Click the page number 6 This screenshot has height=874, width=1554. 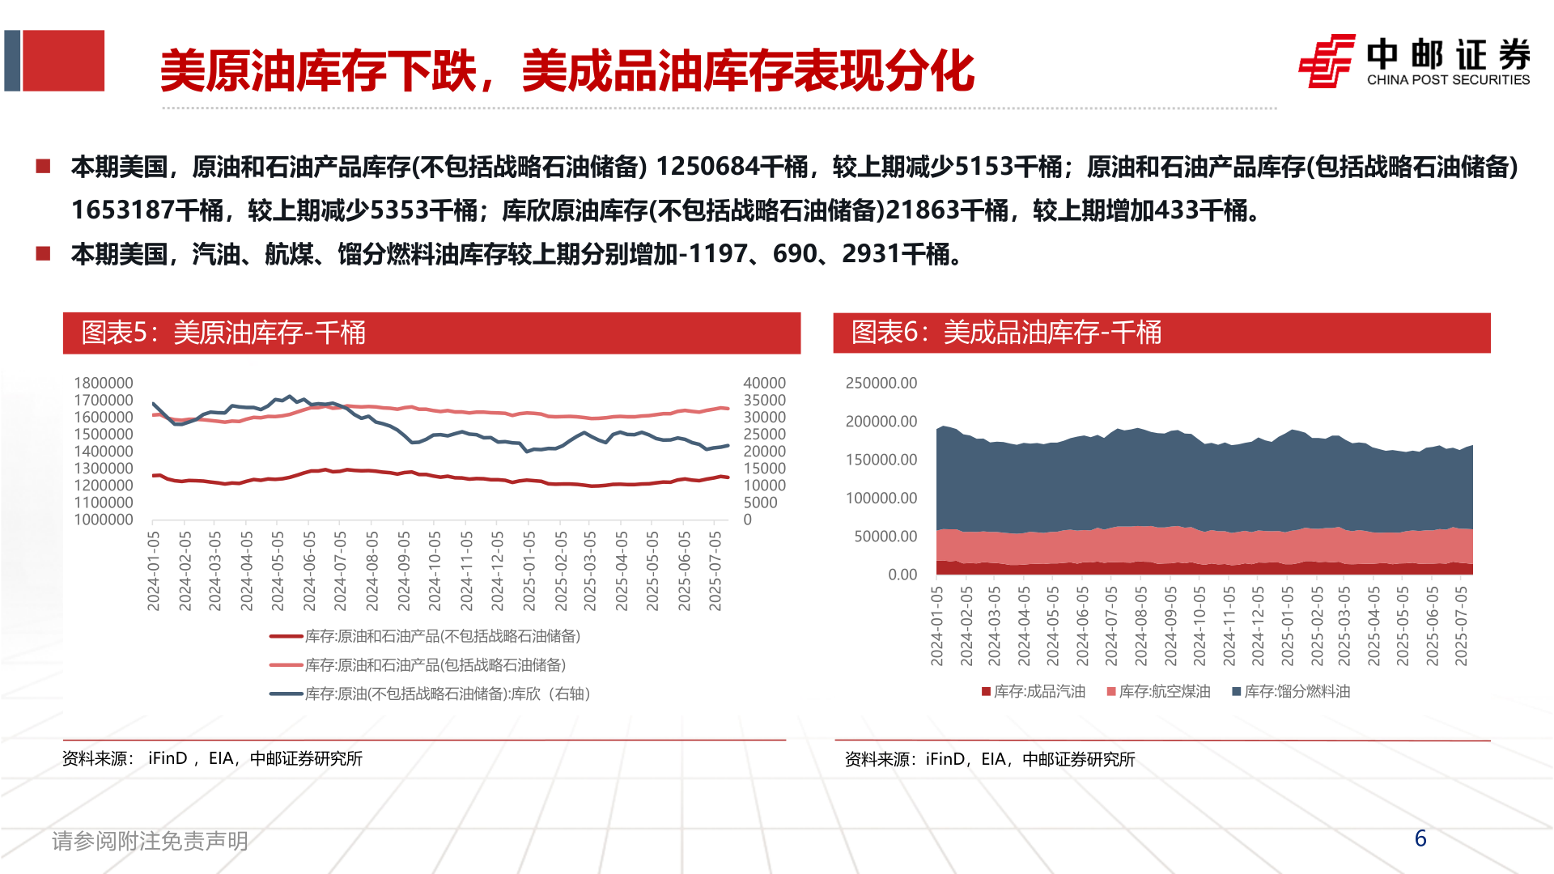coord(1420,838)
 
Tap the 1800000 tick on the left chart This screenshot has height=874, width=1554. coord(104,383)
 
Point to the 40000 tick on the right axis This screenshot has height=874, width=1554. coord(764,383)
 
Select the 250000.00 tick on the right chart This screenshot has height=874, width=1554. coord(881,383)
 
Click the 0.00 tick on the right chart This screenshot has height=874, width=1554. coord(902,575)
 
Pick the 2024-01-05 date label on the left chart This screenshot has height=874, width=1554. coord(154,571)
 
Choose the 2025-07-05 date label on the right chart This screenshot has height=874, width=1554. coord(1461,626)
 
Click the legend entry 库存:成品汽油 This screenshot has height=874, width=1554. coord(1034,692)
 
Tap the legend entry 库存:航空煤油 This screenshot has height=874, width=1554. coord(1159,692)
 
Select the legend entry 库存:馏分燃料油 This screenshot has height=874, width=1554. coord(1292,692)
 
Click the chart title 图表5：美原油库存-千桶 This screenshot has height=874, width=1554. coord(223,333)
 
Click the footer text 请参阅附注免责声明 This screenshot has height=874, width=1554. coord(150,842)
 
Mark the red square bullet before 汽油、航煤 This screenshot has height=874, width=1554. coord(43,254)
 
